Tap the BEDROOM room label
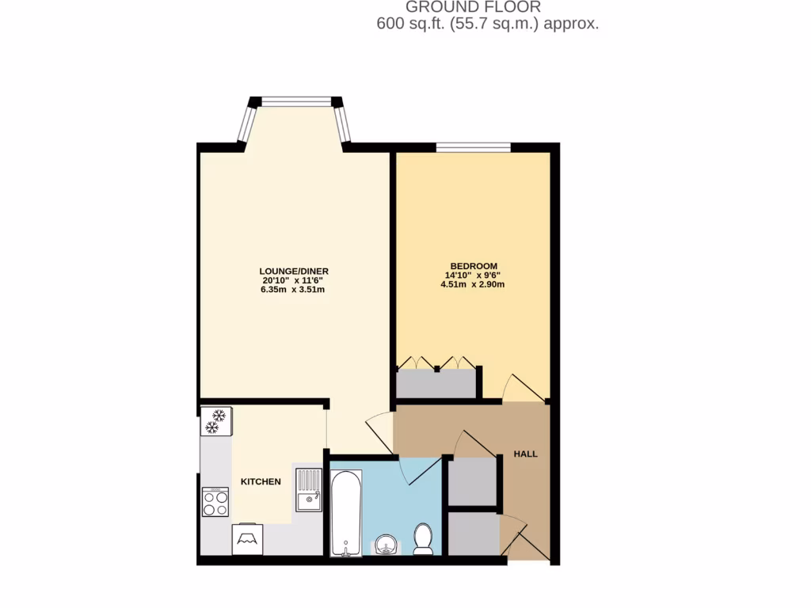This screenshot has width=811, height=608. coord(473,265)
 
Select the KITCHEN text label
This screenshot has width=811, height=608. coord(261,481)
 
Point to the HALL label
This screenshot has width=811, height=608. coord(525,454)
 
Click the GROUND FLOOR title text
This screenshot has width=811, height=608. coord(473,7)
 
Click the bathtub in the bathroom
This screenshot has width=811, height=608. coord(346,512)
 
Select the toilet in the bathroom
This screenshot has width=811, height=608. coord(423,538)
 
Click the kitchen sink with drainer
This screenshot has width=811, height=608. coord(308,489)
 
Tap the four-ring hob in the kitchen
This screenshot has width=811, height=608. coord(215,501)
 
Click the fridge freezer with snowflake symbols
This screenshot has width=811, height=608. coord(215,421)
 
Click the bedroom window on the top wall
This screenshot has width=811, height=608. coord(472,146)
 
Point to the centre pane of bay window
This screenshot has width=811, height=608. coord(296,101)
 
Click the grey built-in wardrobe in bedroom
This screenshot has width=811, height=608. coord(436,383)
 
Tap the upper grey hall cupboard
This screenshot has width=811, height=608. coord(472,481)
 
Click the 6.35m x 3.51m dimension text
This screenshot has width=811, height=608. coord(293,290)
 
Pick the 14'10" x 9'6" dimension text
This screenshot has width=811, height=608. coord(473,275)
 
